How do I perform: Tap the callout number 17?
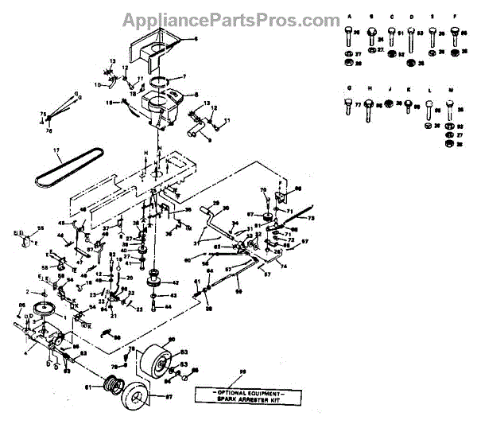(56, 150)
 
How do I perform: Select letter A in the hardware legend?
(349, 15)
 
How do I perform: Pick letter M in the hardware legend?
(450, 91)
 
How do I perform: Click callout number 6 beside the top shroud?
(199, 37)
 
